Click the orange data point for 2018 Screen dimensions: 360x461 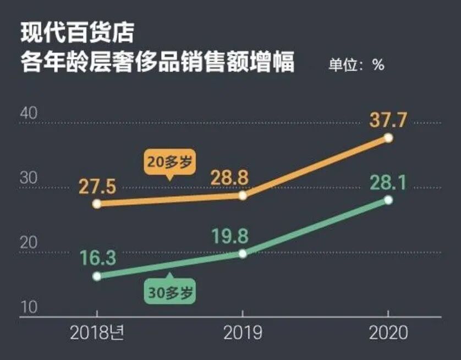click(97, 204)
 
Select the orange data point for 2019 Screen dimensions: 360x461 click(243, 195)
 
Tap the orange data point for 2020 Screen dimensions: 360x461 click(388, 138)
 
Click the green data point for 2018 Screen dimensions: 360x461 click(97, 276)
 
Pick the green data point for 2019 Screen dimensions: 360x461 click(243, 254)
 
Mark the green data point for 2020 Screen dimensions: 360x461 click(388, 200)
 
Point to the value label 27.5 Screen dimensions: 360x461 click(96, 187)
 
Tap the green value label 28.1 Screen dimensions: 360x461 click(388, 182)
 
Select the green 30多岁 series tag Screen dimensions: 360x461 click(171, 292)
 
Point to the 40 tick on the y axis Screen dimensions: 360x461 click(29, 113)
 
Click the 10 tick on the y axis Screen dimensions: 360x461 click(29, 307)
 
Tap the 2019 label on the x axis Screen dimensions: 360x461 click(243, 333)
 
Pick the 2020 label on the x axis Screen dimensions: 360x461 click(388, 333)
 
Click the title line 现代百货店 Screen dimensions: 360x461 click(77, 32)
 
